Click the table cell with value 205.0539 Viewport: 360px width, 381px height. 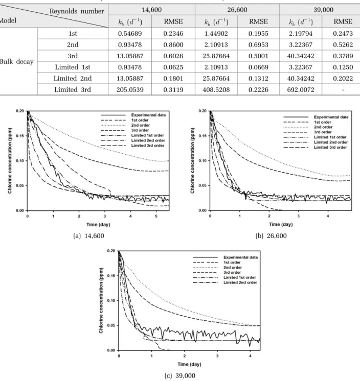click(130, 90)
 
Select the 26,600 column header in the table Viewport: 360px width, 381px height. click(237, 10)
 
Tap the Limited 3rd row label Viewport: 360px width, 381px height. click(73, 90)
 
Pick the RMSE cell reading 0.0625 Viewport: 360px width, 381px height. click(173, 67)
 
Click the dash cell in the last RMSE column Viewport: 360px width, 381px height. click(343, 90)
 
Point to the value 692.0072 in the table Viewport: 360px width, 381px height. click(301, 90)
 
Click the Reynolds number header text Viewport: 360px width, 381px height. click(77, 11)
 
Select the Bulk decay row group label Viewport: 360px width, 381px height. click(16, 61)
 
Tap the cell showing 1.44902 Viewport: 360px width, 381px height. click(216, 33)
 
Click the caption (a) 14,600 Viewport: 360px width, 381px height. click(88, 235)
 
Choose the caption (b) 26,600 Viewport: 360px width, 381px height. click(271, 235)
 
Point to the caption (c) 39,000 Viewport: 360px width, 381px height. click(180, 376)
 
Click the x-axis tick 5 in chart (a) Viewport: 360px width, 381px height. click(156, 216)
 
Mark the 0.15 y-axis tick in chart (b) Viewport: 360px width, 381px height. click(202, 136)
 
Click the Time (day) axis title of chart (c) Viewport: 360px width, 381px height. click(190, 364)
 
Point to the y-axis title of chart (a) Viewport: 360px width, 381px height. click(10, 160)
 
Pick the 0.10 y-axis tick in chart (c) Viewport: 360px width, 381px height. click(111, 301)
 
